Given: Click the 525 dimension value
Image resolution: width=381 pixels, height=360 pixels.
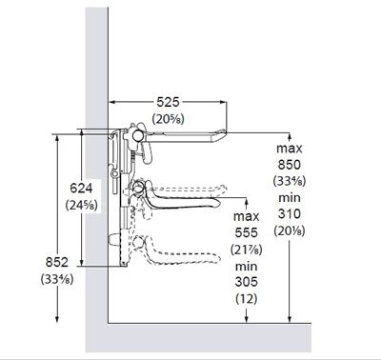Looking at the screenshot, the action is click(x=168, y=102).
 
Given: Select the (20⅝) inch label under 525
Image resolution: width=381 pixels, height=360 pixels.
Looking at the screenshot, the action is click(x=168, y=119).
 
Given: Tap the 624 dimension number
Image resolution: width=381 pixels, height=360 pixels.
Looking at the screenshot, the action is click(x=81, y=189).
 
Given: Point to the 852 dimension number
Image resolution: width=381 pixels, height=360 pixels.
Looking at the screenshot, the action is click(x=57, y=262).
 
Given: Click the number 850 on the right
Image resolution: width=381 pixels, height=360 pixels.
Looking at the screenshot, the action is click(x=290, y=165).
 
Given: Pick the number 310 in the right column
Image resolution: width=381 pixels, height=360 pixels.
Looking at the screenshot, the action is click(x=290, y=213).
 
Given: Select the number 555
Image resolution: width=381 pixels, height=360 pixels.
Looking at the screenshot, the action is click(x=246, y=232).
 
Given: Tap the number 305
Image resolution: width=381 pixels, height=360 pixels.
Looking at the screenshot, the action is click(x=246, y=282).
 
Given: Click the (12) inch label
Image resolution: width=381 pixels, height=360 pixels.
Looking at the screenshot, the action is click(x=247, y=298).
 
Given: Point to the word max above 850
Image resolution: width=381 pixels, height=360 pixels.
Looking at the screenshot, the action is click(x=290, y=149).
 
